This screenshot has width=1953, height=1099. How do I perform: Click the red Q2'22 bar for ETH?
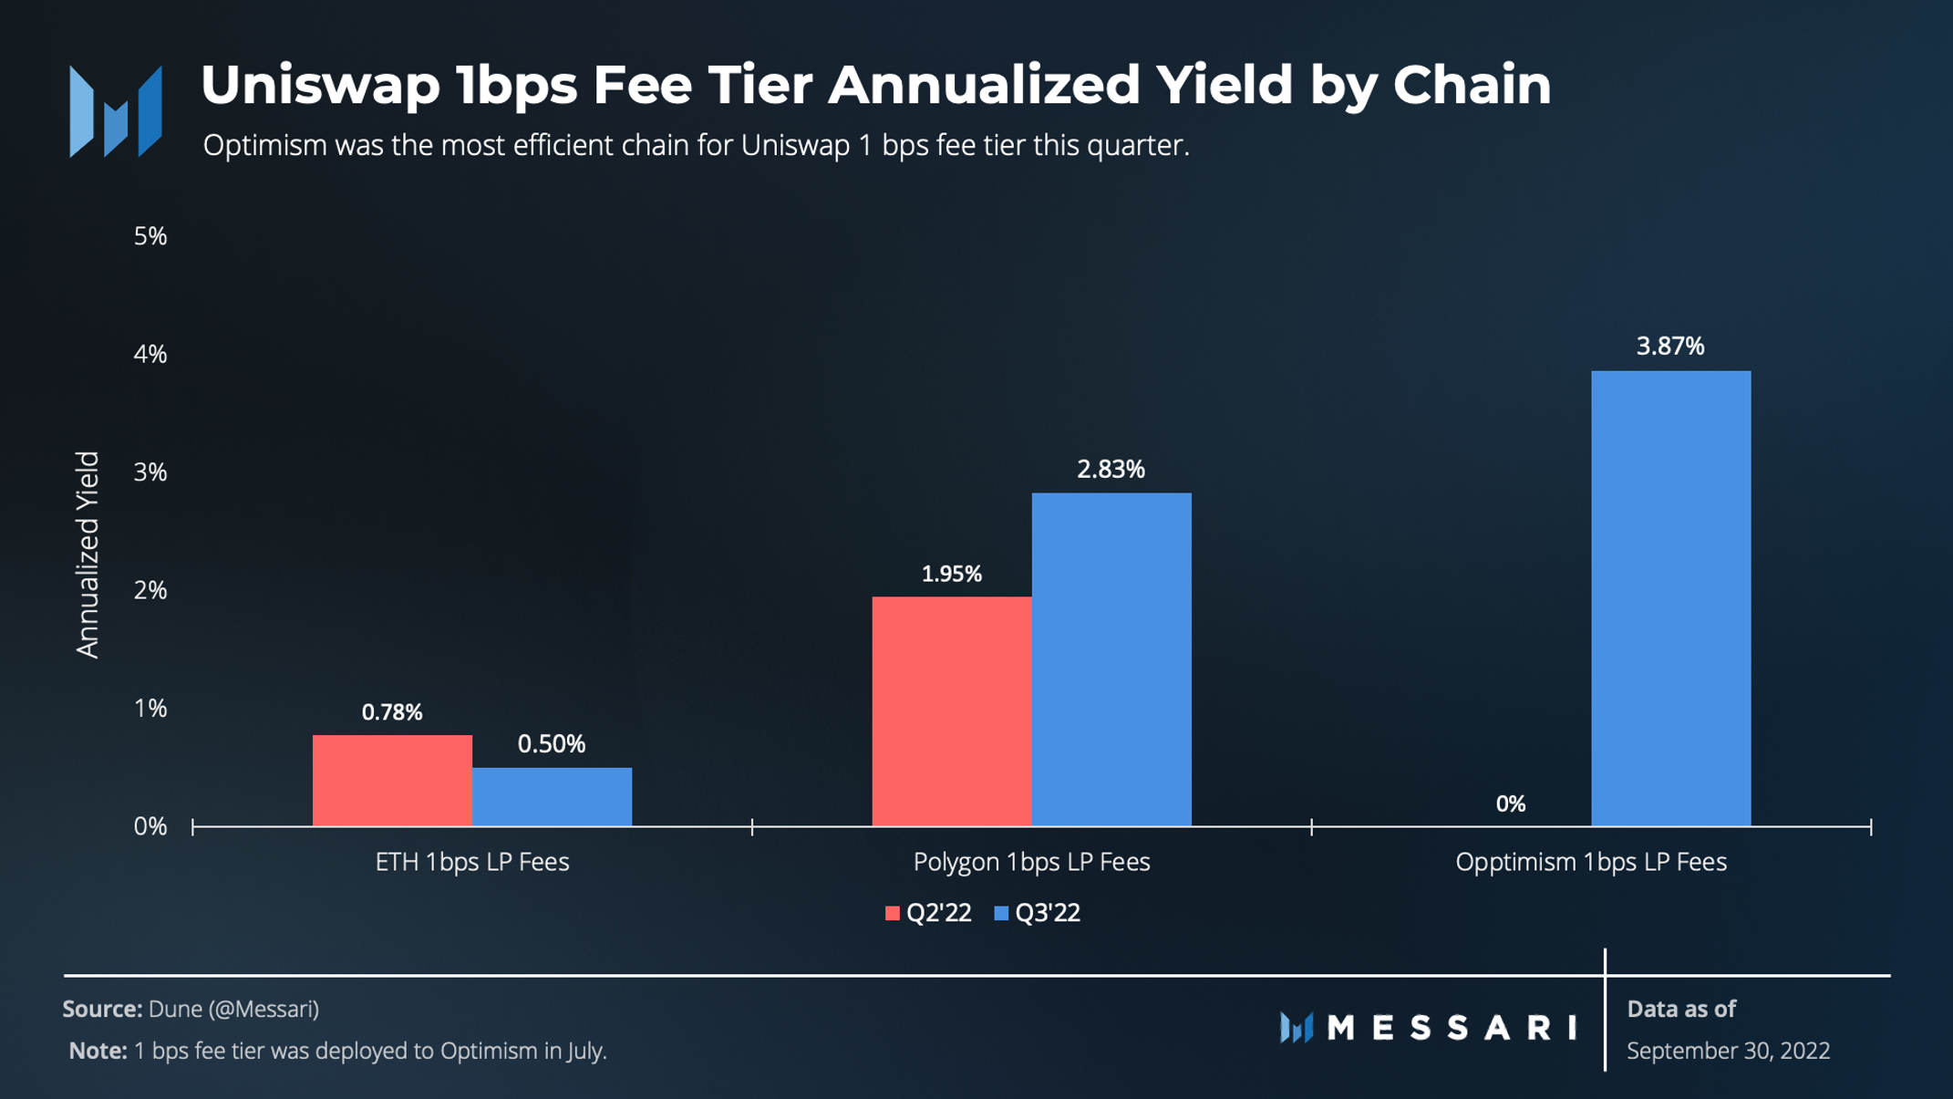tap(392, 780)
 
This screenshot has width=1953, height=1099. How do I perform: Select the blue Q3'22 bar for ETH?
tap(552, 796)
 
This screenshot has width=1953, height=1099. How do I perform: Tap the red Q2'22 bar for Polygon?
tap(951, 711)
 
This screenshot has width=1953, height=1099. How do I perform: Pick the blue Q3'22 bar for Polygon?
tap(1111, 658)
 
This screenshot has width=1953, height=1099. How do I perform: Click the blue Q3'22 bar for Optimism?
tap(1670, 597)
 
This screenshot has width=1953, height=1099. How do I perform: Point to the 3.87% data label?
tap(1669, 347)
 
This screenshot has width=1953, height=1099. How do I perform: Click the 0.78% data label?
tap(392, 712)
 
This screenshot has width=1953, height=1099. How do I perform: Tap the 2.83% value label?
tap(1111, 470)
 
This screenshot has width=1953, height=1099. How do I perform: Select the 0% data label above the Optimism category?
tap(1510, 804)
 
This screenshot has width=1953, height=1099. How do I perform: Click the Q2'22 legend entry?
tap(928, 913)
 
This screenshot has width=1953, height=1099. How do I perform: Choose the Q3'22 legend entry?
tap(1038, 913)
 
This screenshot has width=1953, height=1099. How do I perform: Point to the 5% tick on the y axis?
tap(150, 236)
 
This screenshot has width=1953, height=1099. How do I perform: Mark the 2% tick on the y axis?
tap(150, 591)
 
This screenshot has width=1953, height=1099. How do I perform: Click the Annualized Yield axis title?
tap(88, 554)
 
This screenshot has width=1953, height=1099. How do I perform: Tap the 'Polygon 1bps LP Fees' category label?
tap(1031, 862)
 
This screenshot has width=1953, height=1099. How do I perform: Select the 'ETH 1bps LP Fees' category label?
tap(471, 862)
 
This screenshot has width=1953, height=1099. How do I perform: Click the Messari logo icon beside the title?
tap(116, 111)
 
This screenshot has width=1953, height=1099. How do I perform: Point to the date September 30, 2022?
tap(1728, 1051)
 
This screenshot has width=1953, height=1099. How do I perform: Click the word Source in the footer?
tap(101, 1009)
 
